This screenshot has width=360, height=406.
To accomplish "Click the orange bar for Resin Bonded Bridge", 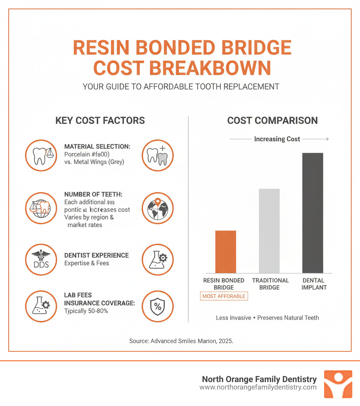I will coord(225,252).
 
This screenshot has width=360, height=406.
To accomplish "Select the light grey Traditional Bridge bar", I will coord(269,231).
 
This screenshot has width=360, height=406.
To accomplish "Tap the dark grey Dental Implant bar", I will coord(313,213).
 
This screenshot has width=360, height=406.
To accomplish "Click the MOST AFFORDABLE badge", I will coord(224,296).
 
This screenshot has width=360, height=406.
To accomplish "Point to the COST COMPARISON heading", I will coord(272,120).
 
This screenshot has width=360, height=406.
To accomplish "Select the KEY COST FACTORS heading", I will coord(100,120).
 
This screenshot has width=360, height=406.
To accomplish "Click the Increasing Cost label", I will coord(277,139).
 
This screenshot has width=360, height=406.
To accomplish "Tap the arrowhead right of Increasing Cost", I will coord(327,139).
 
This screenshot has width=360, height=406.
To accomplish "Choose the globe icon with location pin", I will coord(157,208).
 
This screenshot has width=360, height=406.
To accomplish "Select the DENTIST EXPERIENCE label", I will coord(96,255).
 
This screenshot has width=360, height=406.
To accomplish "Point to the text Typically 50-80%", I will coord(86,311).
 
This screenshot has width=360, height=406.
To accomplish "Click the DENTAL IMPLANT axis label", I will coord(314,284).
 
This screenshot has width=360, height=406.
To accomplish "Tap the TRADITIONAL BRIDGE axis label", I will coord(270,284).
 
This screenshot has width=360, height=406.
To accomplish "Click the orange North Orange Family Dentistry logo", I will coord(337,384).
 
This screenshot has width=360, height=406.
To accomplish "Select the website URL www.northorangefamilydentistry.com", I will coord(258,387).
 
